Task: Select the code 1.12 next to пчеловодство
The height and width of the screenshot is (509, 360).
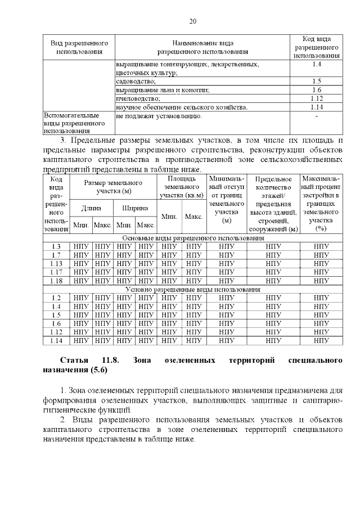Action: tap(317, 98)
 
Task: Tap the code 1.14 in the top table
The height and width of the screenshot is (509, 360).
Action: tap(317, 106)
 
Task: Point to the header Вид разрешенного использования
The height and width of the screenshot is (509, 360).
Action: tap(79, 47)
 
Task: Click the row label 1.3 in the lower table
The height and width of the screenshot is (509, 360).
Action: tap(56, 247)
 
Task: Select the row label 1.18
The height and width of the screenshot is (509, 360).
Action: tap(56, 281)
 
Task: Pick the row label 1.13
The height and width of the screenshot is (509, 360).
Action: tap(56, 264)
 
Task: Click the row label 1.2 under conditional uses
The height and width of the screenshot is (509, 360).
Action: tap(56, 298)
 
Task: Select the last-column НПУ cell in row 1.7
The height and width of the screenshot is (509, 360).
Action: tap(321, 255)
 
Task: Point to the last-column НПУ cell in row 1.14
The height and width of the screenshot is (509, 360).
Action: tap(321, 340)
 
